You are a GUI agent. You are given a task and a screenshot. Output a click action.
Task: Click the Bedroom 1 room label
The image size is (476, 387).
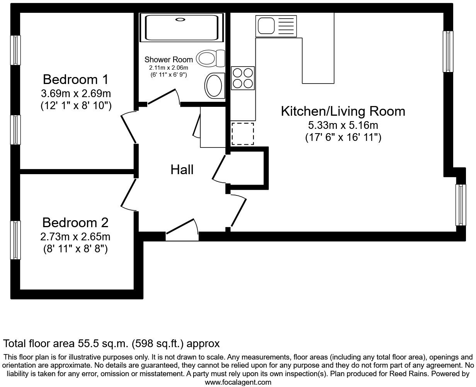tap(76, 79)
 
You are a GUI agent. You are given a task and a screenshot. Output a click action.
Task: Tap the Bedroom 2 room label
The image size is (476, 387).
tap(75, 223)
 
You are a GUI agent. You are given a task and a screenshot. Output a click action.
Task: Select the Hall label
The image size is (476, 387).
tap(182, 170)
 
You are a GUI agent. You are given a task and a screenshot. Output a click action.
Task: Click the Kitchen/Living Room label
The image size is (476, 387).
tap(343, 111)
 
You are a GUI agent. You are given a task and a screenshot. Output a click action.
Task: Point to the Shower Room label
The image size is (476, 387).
tap(168, 60)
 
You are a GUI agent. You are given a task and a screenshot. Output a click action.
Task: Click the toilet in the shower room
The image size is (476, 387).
tap(211, 58)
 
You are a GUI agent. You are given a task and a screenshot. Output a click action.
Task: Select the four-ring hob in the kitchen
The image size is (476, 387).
tap(243, 78)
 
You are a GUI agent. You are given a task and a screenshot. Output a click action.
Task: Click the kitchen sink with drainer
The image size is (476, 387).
tap(276, 26)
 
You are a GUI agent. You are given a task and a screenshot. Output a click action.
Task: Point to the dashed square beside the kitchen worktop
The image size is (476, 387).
tap(243, 134)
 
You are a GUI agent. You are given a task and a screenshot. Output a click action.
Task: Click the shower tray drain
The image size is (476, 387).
tap(180, 19)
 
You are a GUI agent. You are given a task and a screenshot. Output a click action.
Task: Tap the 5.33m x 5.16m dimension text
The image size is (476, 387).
tap(343, 125)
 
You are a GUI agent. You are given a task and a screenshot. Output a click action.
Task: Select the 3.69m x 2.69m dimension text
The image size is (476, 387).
tap(76, 93)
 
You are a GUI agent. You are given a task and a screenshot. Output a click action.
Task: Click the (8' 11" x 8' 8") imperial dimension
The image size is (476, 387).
tap(75, 249)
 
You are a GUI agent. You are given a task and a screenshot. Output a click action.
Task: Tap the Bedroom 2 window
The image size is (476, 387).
tap(15, 240)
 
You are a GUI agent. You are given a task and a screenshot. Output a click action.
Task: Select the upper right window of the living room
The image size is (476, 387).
tap(448, 51)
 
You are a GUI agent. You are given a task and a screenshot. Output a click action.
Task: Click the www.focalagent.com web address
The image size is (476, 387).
tap(238, 382)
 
